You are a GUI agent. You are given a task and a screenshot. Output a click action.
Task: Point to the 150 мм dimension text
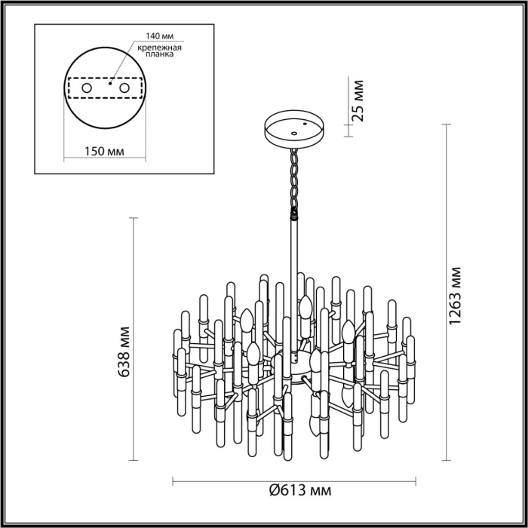click(x=103, y=150)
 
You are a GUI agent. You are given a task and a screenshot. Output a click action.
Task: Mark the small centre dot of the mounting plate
click(x=110, y=85)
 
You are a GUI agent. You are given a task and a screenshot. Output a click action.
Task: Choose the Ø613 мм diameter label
click(x=299, y=492)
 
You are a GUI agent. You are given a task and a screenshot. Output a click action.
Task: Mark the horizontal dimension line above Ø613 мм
click(x=226, y=480)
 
